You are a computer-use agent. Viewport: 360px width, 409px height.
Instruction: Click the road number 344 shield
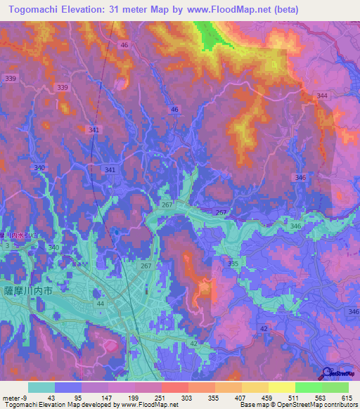click(322, 96)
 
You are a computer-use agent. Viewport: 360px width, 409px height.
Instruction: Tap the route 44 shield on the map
click(100, 303)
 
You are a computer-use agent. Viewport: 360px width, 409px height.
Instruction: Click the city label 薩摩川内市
click(29, 290)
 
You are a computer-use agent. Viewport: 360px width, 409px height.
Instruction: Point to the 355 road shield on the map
click(233, 263)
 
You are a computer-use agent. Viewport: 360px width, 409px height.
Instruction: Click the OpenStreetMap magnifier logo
click(328, 372)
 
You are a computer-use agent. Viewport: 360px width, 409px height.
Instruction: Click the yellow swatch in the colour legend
click(281, 387)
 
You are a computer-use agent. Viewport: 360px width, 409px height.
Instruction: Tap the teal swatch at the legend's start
click(41, 387)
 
